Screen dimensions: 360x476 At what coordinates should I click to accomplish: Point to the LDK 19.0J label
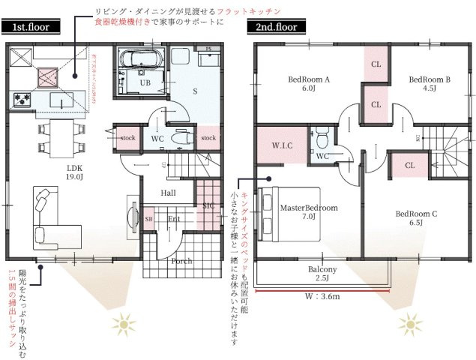(74, 172)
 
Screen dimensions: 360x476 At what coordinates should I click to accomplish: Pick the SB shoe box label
(148, 219)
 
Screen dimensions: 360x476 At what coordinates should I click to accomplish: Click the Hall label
(169, 193)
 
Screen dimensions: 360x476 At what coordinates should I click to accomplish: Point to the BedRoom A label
(309, 82)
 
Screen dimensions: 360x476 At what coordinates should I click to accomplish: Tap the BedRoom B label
(429, 82)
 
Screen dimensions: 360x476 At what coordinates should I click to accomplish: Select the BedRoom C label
(416, 217)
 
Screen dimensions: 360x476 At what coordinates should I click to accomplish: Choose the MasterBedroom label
(309, 211)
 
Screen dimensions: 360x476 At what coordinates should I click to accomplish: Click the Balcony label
(322, 273)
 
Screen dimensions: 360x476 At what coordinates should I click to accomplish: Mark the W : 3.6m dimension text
(324, 296)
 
